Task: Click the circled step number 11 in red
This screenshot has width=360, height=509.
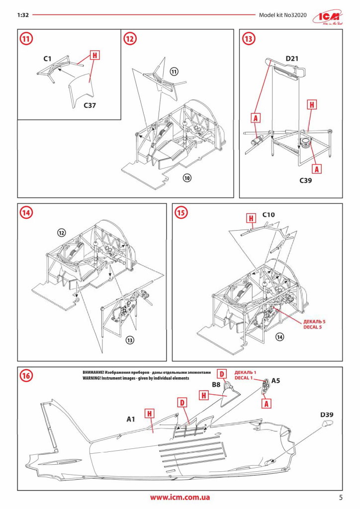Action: point(26,38)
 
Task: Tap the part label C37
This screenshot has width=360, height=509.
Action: point(90,105)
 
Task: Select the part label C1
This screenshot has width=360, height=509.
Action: point(47,59)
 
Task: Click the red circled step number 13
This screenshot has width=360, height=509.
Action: point(248,38)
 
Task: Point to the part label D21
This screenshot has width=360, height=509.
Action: point(292,59)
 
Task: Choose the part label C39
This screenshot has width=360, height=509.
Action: point(305,181)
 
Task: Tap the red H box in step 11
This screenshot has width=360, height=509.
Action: point(93,55)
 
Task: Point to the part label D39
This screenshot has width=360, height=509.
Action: point(326,414)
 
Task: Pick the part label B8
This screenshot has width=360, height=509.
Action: point(216,384)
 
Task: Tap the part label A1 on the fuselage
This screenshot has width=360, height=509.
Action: point(131,419)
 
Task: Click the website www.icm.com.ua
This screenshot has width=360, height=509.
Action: point(180,497)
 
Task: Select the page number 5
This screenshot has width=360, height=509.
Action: point(341,497)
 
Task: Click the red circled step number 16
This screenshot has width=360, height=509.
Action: point(26,376)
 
